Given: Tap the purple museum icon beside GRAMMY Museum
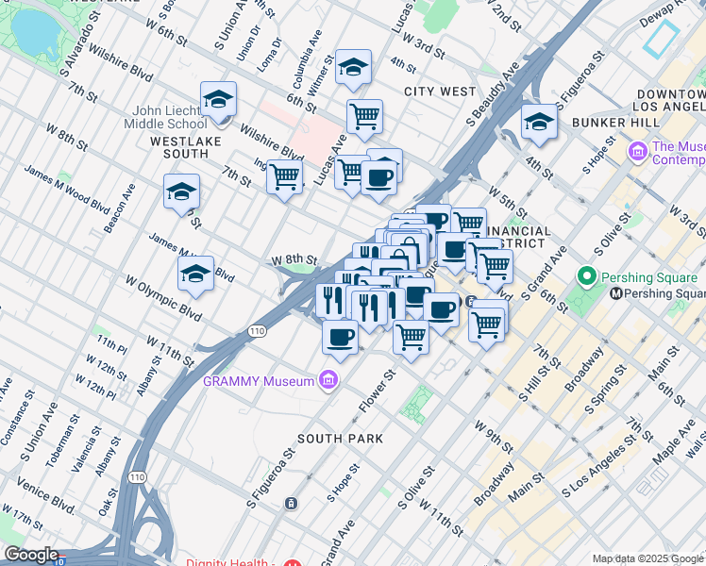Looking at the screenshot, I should click(328, 380).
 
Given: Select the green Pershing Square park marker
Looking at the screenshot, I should click(586, 277).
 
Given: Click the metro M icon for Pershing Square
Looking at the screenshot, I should click(616, 293).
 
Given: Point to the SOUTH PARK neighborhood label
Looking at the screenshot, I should click(340, 439).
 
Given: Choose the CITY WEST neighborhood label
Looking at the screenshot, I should click(440, 92).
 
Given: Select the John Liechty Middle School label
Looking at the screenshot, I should click(170, 116).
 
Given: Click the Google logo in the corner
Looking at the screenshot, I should click(31, 555).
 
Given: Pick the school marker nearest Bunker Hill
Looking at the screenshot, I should click(539, 122).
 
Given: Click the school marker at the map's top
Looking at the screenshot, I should click(353, 66).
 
